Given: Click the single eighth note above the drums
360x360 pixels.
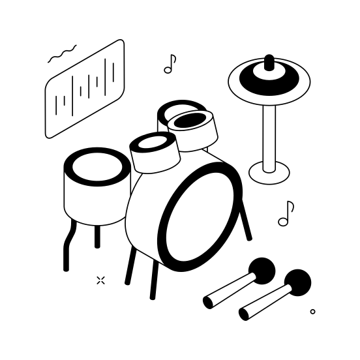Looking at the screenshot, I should pyautogui.click(x=170, y=64).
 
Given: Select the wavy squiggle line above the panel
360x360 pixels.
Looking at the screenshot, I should pyautogui.click(x=62, y=54).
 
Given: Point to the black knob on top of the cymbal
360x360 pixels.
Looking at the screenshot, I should pyautogui.click(x=269, y=62).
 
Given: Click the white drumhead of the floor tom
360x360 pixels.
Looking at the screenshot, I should pyautogui.click(x=97, y=168).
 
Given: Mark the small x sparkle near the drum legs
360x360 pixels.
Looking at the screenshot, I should pyautogui.click(x=100, y=280).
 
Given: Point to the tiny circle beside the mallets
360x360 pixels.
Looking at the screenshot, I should pyautogui.click(x=313, y=312).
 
